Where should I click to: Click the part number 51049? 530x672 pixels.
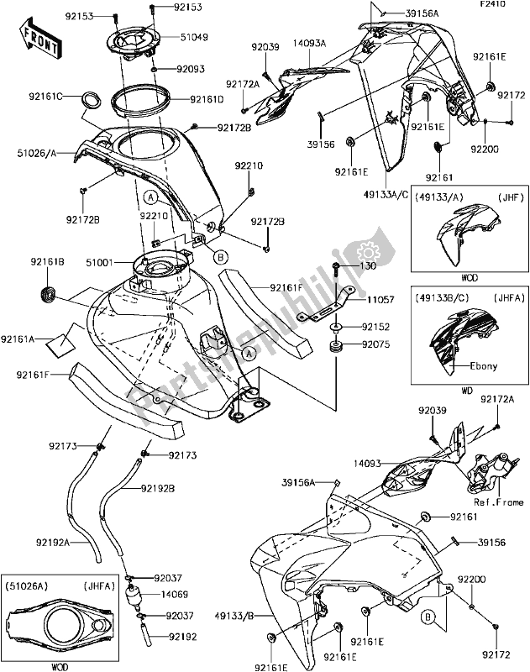click(x=194, y=37)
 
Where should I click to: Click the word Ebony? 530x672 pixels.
click(x=471, y=365)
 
